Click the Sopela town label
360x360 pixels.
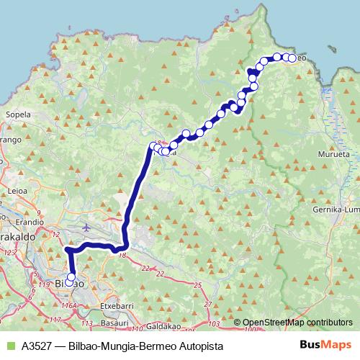(x=17, y=114)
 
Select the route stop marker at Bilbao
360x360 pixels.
(x=71, y=276)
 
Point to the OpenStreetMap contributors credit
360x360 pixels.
(x=297, y=323)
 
